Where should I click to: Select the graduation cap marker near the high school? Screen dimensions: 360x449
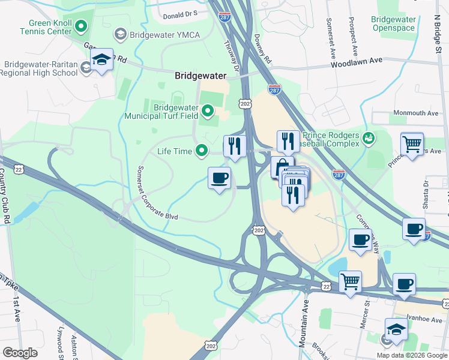coord(102,60)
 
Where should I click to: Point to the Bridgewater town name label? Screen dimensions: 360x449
coord(200,76)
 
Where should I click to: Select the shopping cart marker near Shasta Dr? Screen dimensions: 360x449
coord(412,145)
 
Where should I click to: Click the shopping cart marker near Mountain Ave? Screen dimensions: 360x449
coord(350,281)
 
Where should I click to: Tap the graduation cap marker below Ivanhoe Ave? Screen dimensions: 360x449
coord(396,329)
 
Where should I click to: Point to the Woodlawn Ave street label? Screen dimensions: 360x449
coord(356,61)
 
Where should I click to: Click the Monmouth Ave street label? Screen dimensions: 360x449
coord(415,113)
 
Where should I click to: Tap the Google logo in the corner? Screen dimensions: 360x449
coord(20,352)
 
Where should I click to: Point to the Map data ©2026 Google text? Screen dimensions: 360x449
coord(412,355)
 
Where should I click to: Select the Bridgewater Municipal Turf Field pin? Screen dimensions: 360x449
coord(208,110)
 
